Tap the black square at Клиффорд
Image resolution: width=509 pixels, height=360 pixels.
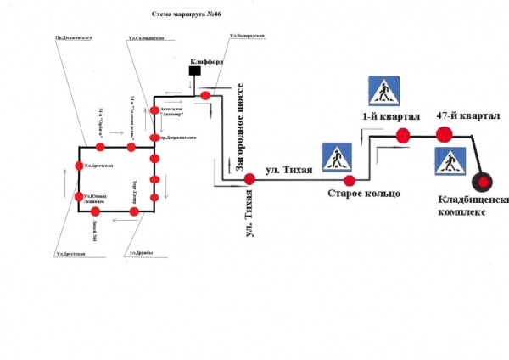tap(194, 73)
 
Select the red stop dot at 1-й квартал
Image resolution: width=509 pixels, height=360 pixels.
tap(403, 134)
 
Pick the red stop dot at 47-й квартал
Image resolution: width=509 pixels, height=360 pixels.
tap(444, 134)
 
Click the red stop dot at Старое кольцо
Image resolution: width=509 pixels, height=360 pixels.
tap(349, 180)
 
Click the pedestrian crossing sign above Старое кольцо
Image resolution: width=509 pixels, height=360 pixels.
tap(337, 158)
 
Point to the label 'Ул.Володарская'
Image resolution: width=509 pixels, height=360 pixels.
tap(247, 37)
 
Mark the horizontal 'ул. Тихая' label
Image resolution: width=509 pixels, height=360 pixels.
tap(288, 170)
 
